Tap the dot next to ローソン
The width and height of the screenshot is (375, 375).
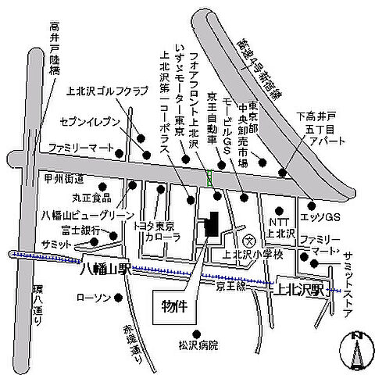[x=119, y=298]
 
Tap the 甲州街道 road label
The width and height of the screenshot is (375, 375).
[x=64, y=179]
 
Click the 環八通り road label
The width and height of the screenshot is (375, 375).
[x=38, y=307]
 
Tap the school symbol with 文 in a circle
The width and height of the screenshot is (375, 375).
[x=248, y=240]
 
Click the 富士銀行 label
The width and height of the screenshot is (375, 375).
[x=80, y=230]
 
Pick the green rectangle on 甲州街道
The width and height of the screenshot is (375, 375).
[x=209, y=177]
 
